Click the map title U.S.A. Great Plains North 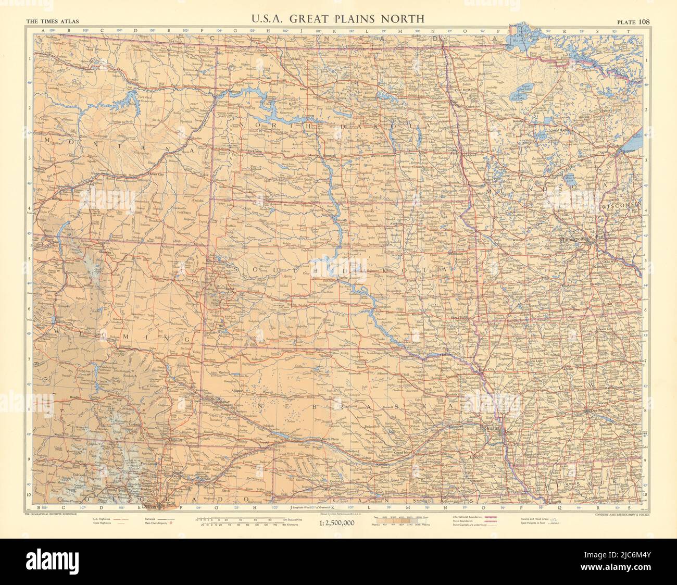pyautogui.click(x=338, y=19)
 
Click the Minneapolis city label pyautogui.click(x=573, y=239)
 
